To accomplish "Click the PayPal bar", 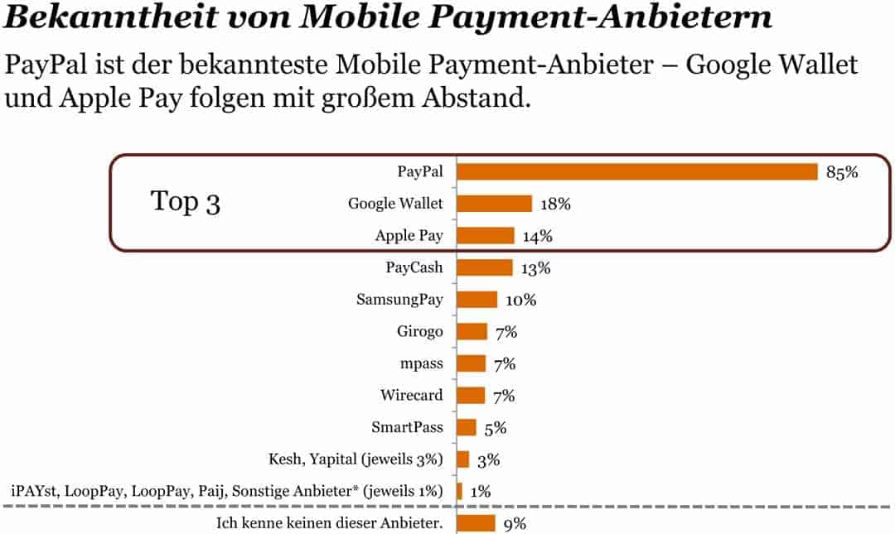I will pos(637,171).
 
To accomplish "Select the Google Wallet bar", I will pos(495,204).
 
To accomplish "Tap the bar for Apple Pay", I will pos(486,236).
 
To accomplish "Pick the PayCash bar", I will pos(485,267).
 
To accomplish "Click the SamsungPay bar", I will pos(477,300).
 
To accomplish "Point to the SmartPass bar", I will pos(467,427).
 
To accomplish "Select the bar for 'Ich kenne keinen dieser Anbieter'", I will pos(477,523).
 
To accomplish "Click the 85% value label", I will pos(841,172).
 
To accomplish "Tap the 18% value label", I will pos(555,204).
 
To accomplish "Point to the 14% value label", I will pos(537,237).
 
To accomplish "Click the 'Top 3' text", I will pos(186,202).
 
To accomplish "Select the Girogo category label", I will pos(420,331).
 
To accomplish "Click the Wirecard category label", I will pos(412,395).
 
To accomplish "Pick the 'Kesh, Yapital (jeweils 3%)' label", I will pos(356,459).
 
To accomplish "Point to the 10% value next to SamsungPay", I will pos(520,300).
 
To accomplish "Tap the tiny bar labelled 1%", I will pos(459,491).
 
